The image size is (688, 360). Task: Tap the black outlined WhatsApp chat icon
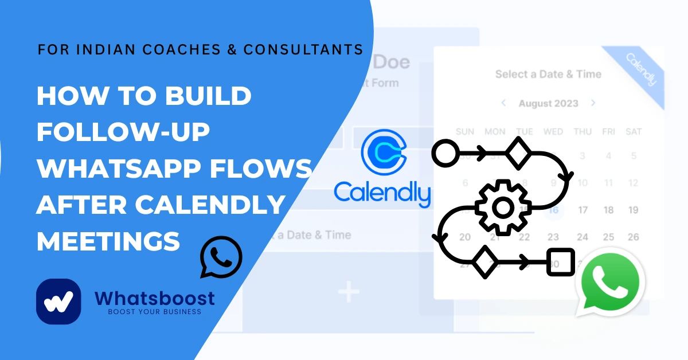point(221,257)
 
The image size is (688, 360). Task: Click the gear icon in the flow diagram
point(502,207)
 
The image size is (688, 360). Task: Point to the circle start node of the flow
point(443,153)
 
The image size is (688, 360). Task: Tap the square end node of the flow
point(560,263)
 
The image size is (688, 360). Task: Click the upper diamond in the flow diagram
point(519,153)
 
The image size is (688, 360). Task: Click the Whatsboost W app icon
point(58,302)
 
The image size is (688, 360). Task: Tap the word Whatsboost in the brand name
point(155,298)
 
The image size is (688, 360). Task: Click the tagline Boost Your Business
point(155,312)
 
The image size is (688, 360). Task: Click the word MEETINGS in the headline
point(108,241)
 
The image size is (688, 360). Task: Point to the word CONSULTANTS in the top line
point(303,49)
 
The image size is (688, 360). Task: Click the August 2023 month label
point(548,104)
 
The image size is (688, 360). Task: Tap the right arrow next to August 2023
point(593,103)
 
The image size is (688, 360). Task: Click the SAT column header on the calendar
point(633,132)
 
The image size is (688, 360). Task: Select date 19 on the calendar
point(633,210)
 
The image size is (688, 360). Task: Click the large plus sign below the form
point(348,293)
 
